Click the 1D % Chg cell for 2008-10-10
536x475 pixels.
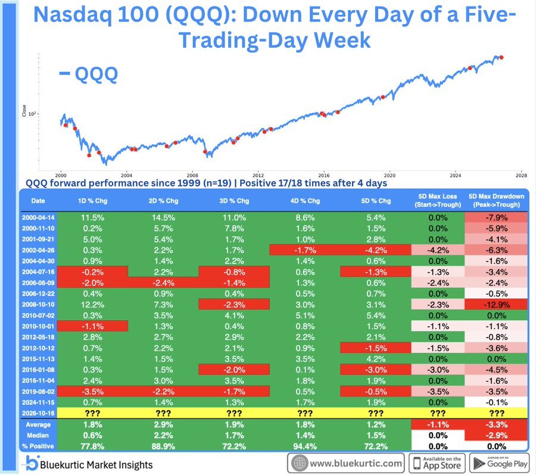coord(92,305)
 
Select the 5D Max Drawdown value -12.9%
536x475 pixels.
coord(496,305)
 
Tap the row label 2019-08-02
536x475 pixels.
coord(38,392)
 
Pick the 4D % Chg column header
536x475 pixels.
coord(305,201)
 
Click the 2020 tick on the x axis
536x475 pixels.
coord(389,175)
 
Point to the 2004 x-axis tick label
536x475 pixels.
coord(126,175)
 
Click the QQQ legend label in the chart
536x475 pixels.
coord(88,74)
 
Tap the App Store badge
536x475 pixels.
coord(438,463)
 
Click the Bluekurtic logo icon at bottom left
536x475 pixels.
coord(33,462)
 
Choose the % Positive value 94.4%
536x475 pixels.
coord(305,446)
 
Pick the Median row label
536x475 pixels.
coord(38,435)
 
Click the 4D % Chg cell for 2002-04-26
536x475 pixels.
coord(305,250)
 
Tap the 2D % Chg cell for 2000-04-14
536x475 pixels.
coord(163,218)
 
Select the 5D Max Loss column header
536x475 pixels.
coord(438,201)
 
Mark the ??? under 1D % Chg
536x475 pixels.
coord(92,414)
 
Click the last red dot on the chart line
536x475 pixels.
coord(501,57)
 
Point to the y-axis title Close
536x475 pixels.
coord(24,111)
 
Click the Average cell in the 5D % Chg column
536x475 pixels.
coord(376,424)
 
